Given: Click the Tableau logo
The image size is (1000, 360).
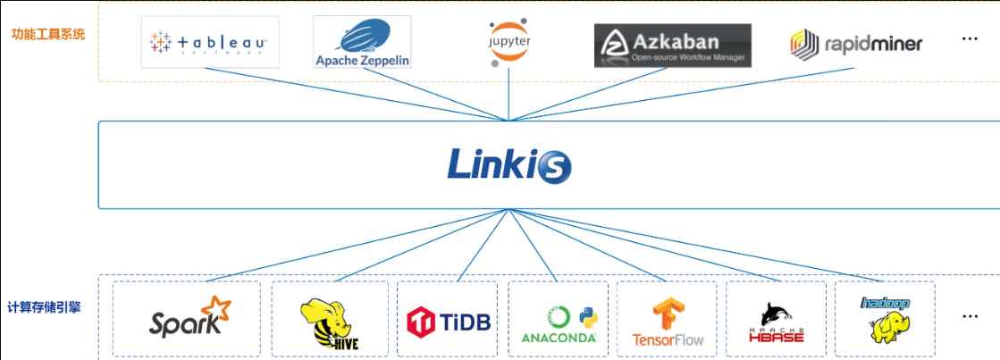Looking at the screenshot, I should pos(210,42).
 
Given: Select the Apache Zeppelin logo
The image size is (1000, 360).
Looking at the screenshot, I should pos(362,43).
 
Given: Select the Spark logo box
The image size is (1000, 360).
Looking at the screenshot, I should pos(188,319).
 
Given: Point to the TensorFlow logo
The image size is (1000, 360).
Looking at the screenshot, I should pos(668,322).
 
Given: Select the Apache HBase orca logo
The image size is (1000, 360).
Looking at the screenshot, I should pos(776,322).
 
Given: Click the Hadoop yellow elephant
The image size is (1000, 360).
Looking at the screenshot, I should pos(884,322).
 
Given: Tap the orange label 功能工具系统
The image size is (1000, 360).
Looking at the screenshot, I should pos(48,37).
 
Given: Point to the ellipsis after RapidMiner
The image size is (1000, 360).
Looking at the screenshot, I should pos(970,40).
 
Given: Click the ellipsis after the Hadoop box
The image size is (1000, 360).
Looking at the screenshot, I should pos(970,316).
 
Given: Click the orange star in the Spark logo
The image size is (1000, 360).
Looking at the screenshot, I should pos(217,308).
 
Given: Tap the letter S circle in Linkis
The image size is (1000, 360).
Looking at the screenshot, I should pos(554,166).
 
